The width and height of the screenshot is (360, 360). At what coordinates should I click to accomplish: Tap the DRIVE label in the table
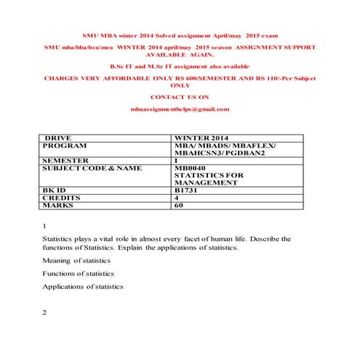[x=59, y=138]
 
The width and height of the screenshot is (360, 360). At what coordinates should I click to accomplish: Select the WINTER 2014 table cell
[x=201, y=138]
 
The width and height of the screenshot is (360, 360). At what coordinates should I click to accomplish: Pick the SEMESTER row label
[x=66, y=161]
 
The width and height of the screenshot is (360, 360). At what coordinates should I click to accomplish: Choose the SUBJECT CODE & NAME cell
[x=91, y=168]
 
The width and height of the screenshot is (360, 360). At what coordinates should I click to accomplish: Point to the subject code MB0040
[x=191, y=168]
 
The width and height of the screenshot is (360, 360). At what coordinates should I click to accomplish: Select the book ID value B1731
[x=187, y=190]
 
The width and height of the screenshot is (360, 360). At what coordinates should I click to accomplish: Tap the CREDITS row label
[x=62, y=197]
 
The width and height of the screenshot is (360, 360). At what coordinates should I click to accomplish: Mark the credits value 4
[x=177, y=197]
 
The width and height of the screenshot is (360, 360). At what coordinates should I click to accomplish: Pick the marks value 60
[x=179, y=205]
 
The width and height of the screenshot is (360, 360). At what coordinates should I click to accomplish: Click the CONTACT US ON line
[x=180, y=97]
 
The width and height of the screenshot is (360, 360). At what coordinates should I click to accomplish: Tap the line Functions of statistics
[x=78, y=273]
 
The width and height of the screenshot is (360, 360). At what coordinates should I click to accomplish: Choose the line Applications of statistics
[x=82, y=287]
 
